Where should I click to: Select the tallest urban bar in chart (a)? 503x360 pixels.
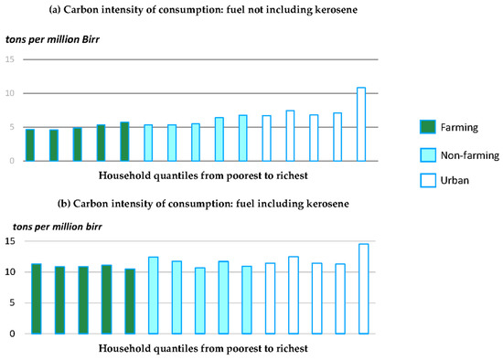coord(360,124)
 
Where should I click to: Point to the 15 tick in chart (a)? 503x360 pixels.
coord(10,59)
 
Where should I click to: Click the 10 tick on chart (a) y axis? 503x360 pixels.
coord(10,93)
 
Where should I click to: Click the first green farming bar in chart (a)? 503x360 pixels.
coord(30,145)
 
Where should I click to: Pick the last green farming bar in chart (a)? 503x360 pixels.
coord(124,142)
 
